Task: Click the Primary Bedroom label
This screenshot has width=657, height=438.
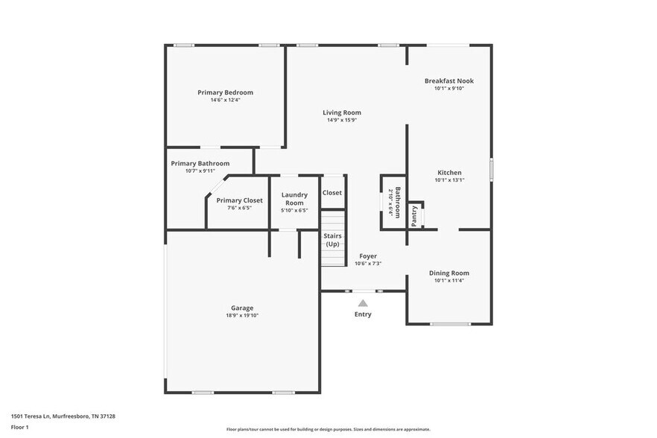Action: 225,92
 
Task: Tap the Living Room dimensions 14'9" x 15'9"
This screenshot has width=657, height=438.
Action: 342,121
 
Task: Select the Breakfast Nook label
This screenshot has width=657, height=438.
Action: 449,80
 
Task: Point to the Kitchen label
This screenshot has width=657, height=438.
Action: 449,172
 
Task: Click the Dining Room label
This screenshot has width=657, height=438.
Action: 449,273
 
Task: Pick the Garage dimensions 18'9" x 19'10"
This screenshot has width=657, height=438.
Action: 242,316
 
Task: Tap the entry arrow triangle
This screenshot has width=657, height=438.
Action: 363,303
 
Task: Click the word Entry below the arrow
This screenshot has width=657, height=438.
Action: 363,314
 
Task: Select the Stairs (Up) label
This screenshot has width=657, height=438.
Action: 332,240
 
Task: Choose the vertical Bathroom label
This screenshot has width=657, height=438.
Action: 398,200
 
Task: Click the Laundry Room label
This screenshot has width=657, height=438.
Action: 294,199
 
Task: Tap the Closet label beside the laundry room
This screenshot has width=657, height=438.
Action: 332,192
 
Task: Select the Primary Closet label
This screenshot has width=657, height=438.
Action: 239,200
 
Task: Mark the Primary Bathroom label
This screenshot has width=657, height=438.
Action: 200,163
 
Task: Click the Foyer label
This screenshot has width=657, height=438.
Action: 368,256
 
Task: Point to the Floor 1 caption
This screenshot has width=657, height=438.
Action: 19,427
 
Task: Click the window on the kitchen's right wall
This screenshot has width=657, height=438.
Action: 491,169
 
